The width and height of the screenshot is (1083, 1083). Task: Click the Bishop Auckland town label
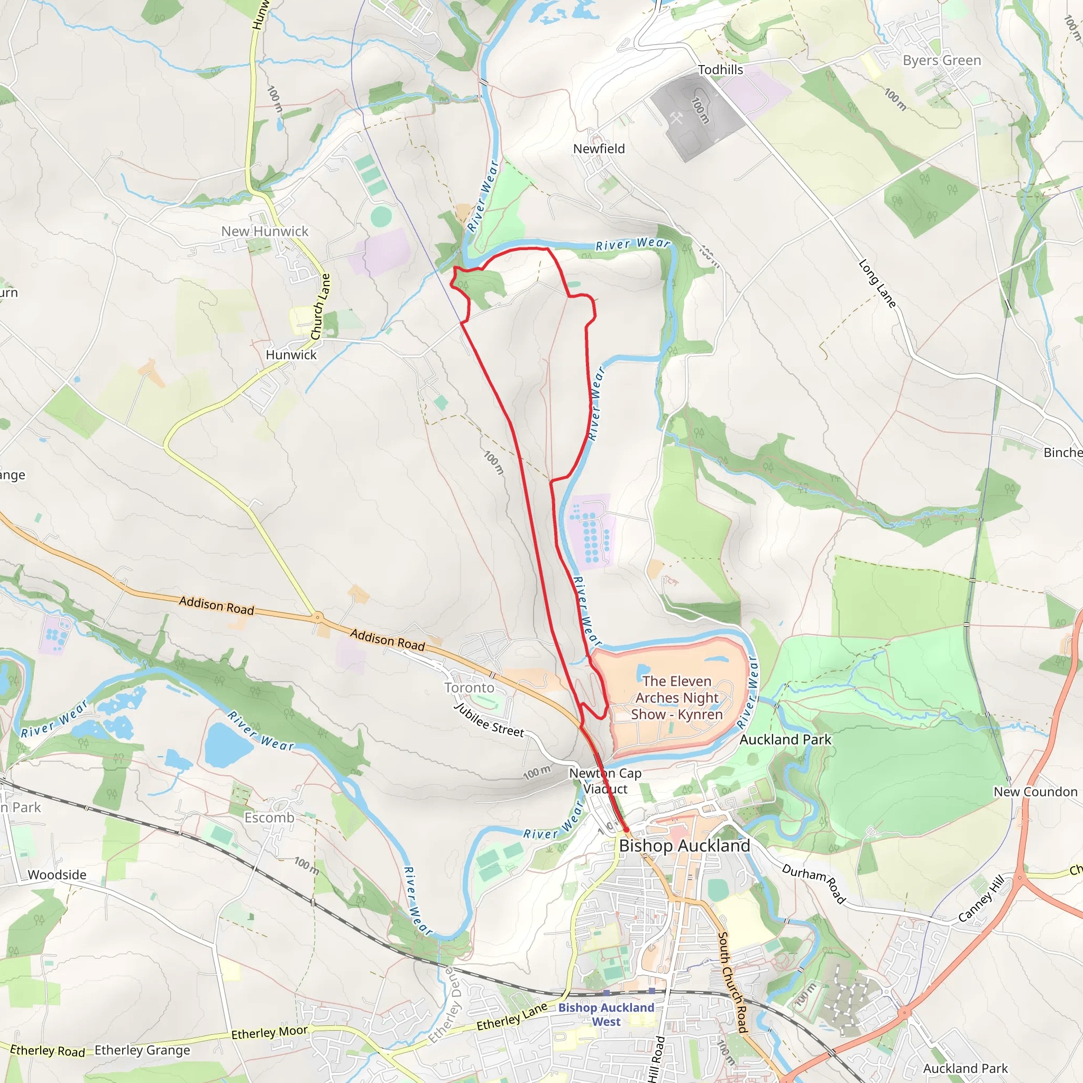point(684,846)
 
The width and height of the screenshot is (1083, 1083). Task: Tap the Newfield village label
point(599,149)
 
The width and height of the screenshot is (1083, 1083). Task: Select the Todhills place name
point(720,69)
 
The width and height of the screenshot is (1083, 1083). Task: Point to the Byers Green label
point(942,60)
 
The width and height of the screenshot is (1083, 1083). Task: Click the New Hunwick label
point(264,231)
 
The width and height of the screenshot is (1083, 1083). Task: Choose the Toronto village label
point(469,688)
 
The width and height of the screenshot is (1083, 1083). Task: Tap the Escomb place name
point(269,818)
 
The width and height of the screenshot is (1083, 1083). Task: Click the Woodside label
point(57,875)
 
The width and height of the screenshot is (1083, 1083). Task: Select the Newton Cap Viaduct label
point(605,781)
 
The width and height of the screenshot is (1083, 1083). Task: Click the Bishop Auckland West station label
point(606,1015)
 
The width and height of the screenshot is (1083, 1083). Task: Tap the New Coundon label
point(1035,792)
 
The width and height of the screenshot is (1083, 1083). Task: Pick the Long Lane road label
point(877,283)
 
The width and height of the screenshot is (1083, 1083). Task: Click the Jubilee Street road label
point(489,720)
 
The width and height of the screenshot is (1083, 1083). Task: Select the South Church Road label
point(732,982)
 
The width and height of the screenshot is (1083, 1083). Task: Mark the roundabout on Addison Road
point(318,617)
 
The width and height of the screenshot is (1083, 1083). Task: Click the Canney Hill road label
point(981,898)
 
